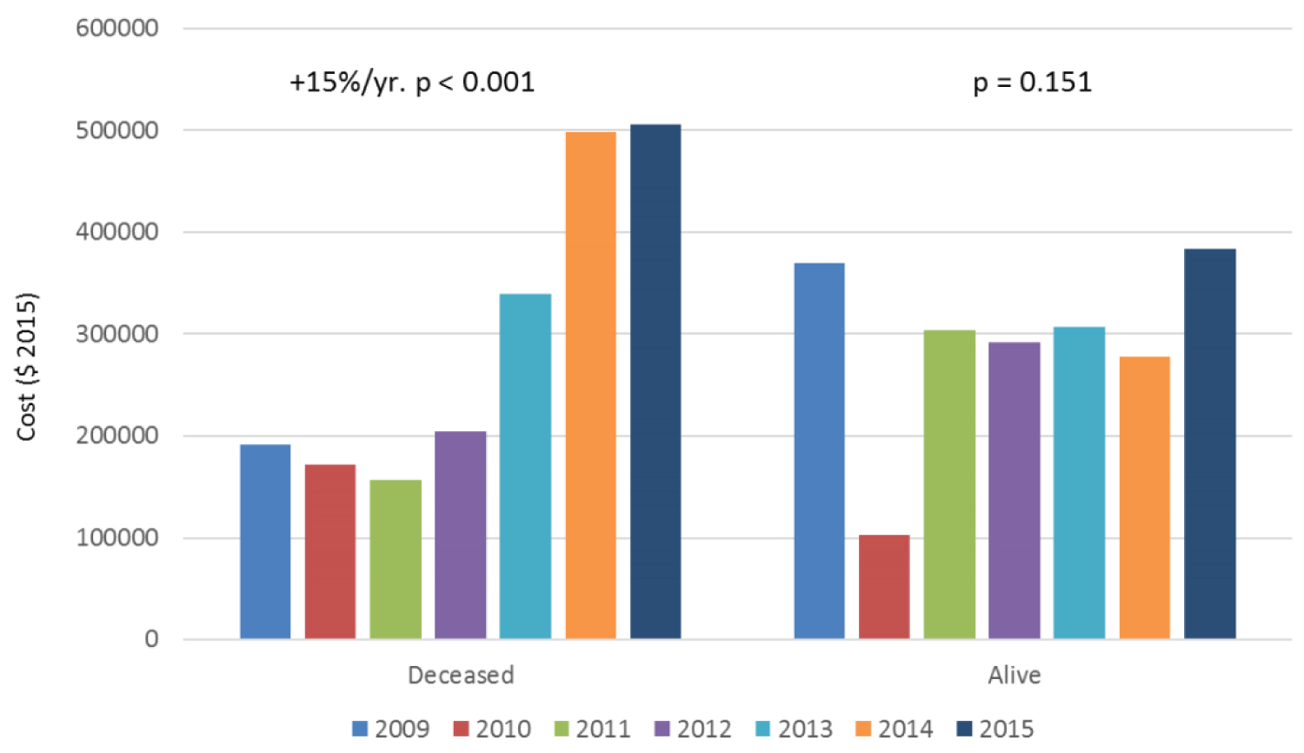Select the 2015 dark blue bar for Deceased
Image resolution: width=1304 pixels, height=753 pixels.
pos(655,382)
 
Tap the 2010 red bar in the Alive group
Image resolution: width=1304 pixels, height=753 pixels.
pos(884,587)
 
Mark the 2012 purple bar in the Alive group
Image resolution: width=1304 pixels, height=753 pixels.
pos(1014,490)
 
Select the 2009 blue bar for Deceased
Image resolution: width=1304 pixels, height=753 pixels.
pos(265,542)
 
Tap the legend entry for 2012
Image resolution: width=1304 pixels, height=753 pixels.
pos(693,729)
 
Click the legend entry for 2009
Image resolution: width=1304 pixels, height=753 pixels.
pos(391,729)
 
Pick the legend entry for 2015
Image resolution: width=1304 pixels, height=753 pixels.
pos(995,729)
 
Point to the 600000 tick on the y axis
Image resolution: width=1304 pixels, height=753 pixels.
pos(117,28)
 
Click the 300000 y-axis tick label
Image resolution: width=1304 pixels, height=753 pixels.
pos(117,334)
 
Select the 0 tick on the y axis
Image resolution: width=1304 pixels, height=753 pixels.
pos(151,640)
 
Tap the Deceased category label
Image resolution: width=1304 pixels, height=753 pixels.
pos(461,676)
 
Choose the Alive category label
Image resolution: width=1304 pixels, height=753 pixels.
pos(1014,676)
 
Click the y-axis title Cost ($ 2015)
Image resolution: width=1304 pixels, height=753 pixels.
pos(27,367)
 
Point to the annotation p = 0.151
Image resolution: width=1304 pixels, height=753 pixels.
pos(1032,83)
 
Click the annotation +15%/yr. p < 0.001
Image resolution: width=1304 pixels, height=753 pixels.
pos(412,83)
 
